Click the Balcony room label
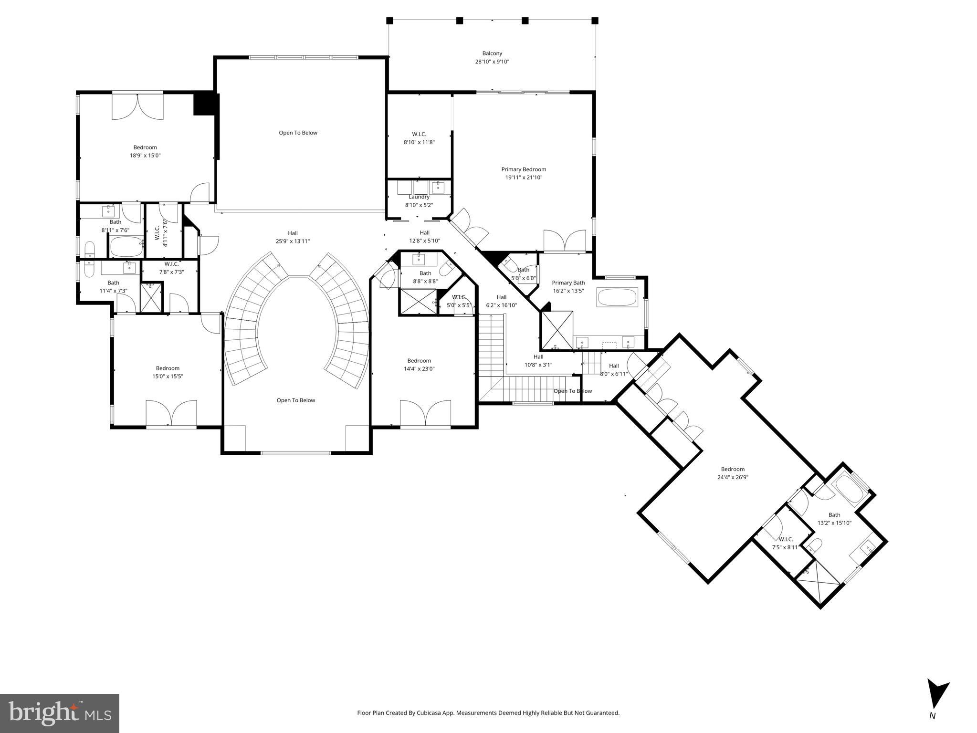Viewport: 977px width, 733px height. (492, 58)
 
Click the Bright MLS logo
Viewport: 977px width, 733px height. (60, 713)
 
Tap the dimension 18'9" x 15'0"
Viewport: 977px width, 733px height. (145, 156)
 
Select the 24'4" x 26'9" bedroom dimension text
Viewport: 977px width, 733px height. (733, 477)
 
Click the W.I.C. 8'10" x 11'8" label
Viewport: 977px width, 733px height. (419, 138)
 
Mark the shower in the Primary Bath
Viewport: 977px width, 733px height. (557, 330)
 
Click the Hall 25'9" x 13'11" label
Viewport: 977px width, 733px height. (293, 237)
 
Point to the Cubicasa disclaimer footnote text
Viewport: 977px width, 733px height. (488, 713)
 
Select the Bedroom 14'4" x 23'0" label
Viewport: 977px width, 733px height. (419, 365)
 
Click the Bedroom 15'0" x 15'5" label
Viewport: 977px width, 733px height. (168, 372)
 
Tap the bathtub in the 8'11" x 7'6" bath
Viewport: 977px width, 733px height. (126, 247)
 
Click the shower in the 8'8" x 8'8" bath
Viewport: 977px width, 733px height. (418, 302)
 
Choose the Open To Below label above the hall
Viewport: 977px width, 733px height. (298, 133)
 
